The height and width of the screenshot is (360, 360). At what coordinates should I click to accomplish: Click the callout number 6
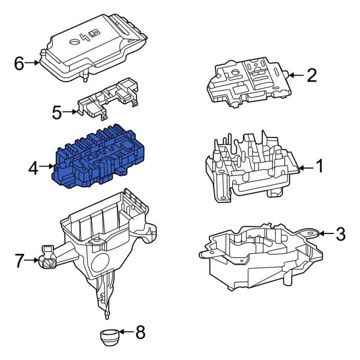coord(19,64)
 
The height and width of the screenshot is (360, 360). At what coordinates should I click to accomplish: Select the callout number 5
coord(57,112)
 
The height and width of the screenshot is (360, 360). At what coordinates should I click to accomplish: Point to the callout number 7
coord(19,261)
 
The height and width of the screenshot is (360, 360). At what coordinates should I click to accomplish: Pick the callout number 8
coord(140,331)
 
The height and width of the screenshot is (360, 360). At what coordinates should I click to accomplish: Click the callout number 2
coord(311,76)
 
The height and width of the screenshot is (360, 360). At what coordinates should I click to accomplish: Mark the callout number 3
coord(340,233)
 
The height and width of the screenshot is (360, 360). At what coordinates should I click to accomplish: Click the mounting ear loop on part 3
coord(311,232)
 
